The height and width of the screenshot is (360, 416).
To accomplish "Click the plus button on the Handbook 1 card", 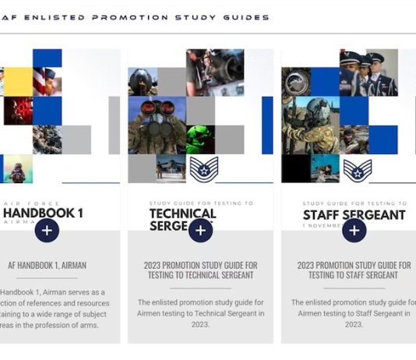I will [x=47, y=230].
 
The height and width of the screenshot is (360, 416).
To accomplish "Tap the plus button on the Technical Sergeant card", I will [x=200, y=230].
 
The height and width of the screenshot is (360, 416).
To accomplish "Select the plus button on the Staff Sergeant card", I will [x=354, y=230].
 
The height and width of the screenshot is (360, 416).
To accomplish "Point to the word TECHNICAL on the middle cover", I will [x=182, y=213].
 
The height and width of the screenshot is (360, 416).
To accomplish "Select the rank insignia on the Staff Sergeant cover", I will [x=357, y=169].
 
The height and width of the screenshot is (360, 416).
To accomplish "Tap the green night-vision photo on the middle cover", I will [x=200, y=139].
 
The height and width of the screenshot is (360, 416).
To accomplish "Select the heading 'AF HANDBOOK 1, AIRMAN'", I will [x=47, y=264].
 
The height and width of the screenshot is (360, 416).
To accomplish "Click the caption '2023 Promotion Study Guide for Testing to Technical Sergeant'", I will [x=200, y=270].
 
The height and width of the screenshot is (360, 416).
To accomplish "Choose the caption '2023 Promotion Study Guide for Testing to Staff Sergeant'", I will [x=354, y=270].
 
